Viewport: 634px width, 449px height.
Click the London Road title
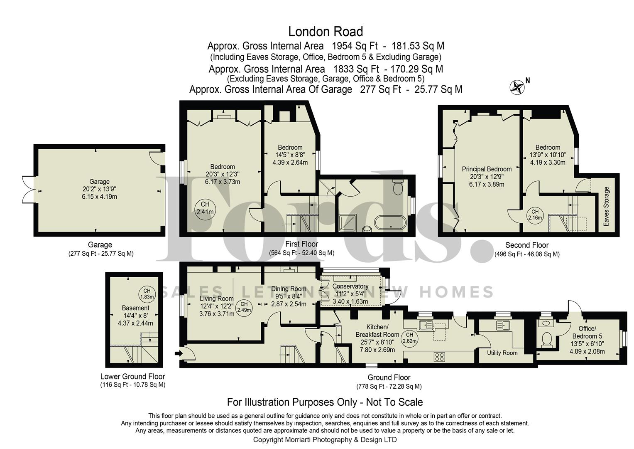tap(326, 32)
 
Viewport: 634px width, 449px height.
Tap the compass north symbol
tap(517, 87)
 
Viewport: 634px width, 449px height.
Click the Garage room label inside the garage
tap(99, 182)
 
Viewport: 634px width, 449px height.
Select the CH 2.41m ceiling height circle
tap(205, 208)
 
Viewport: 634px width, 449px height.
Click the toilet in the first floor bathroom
tap(397, 188)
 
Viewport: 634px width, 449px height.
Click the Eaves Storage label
tap(606, 207)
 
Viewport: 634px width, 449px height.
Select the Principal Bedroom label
tap(487, 169)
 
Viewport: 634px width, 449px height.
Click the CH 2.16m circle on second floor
tap(535, 215)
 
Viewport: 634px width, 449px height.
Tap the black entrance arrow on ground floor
tap(179, 354)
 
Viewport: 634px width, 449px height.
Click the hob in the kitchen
tap(440, 356)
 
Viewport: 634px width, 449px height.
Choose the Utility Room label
tap(502, 353)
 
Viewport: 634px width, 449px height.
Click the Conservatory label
tap(350, 286)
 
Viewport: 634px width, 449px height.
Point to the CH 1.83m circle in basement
tap(147, 294)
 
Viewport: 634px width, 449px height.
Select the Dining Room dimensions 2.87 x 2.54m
tap(289, 304)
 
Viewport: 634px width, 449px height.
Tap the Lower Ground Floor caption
tap(132, 377)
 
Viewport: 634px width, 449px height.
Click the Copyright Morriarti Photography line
tap(325, 439)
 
